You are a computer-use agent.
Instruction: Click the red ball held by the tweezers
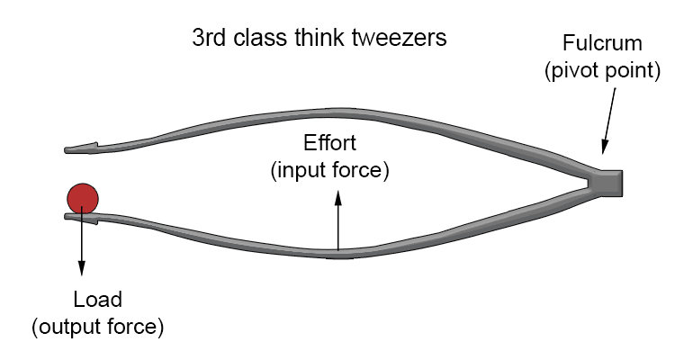click(x=82, y=197)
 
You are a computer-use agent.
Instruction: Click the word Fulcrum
click(x=602, y=43)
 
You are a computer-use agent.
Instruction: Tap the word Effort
click(x=329, y=145)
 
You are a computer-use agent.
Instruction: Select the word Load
click(x=98, y=300)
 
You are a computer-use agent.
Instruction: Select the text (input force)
click(x=329, y=170)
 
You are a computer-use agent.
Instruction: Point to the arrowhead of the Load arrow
click(x=82, y=269)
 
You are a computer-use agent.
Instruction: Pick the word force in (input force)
click(x=361, y=170)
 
